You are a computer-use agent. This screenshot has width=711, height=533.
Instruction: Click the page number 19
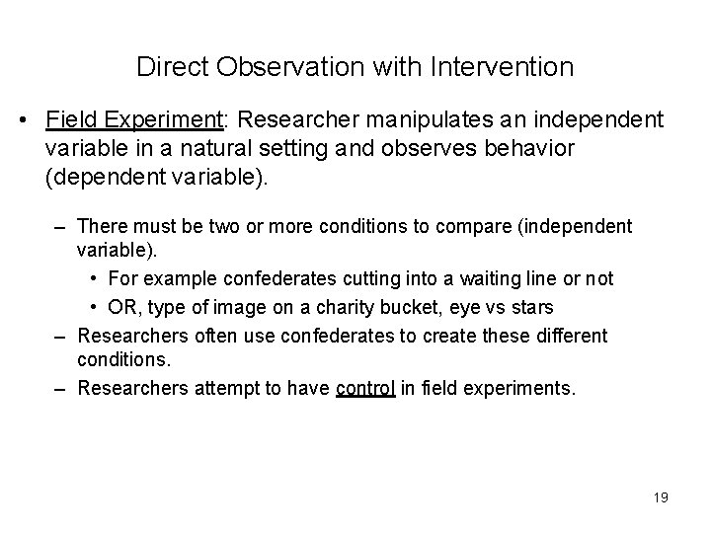coord(661,497)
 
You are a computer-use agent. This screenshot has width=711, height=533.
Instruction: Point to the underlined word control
coord(365,388)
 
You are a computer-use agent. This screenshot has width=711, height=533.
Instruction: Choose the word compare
coord(470,227)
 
